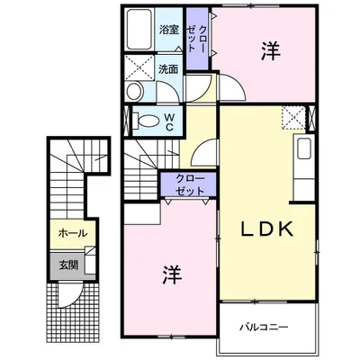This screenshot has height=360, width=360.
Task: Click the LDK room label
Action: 267,229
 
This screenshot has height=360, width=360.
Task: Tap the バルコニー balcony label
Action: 264,327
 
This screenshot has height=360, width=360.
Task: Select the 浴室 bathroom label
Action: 169,30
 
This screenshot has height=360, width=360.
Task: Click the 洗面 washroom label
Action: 168,69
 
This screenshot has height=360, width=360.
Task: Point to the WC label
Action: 169,121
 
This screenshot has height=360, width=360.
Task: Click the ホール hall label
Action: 73,233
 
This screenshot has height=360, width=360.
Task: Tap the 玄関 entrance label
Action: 68,265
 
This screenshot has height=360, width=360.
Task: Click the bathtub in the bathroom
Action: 139,29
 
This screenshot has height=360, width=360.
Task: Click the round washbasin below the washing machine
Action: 134,91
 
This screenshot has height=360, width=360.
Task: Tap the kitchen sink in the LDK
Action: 303,148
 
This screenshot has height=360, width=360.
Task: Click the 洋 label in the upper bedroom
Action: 270,51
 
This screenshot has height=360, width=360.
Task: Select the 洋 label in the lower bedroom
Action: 172,274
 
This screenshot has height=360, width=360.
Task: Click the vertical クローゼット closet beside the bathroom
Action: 197,39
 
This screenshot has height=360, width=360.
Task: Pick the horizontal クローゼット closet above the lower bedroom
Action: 189,184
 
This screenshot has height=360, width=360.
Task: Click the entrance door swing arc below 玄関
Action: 70,295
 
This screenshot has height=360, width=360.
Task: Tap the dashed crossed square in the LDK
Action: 293,117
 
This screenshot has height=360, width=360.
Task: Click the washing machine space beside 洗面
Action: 139,67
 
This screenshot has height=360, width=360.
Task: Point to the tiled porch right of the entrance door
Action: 91,312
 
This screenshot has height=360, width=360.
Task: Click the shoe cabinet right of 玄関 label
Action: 90,260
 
